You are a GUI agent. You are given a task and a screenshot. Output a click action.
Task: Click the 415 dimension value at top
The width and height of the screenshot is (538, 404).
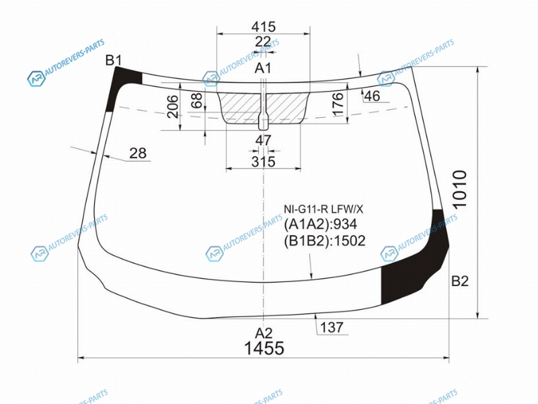(263, 26)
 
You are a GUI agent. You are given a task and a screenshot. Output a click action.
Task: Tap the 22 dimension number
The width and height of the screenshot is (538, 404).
(263, 42)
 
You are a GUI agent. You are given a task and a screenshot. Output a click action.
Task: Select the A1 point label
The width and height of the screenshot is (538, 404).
(263, 69)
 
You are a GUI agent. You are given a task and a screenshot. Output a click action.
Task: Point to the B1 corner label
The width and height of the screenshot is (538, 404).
(114, 61)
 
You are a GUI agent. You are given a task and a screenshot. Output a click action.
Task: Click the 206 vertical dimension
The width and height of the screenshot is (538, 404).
(174, 106)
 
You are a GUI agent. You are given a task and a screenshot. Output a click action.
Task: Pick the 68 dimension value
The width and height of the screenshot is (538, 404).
(198, 100)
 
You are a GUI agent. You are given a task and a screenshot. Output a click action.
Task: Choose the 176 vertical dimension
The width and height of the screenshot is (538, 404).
(338, 104)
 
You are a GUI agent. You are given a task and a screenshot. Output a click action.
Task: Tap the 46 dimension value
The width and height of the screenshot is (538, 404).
(372, 96)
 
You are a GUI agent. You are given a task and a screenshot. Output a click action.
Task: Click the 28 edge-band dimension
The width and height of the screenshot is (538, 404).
(138, 154)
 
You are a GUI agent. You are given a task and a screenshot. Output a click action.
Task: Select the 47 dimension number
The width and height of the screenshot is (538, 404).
(263, 140)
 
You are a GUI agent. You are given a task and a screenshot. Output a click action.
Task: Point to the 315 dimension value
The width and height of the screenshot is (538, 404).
(263, 162)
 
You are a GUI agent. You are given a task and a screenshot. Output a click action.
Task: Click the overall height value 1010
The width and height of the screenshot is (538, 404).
(460, 189)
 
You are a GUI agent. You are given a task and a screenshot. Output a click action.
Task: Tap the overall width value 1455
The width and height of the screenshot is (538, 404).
(264, 348)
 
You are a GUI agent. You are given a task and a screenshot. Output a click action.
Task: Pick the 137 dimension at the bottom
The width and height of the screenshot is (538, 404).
(332, 327)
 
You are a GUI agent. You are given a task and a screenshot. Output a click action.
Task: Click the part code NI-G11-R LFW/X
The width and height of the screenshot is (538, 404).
(323, 209)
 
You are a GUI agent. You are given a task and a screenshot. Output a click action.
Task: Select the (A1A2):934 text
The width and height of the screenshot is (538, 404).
(321, 224)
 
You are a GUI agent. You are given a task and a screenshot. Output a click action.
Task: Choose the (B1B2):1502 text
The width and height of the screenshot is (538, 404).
(325, 241)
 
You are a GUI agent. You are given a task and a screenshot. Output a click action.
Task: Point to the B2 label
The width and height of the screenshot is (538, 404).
(460, 281)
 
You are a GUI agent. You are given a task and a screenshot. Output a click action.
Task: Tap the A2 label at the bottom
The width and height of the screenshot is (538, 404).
(264, 333)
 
